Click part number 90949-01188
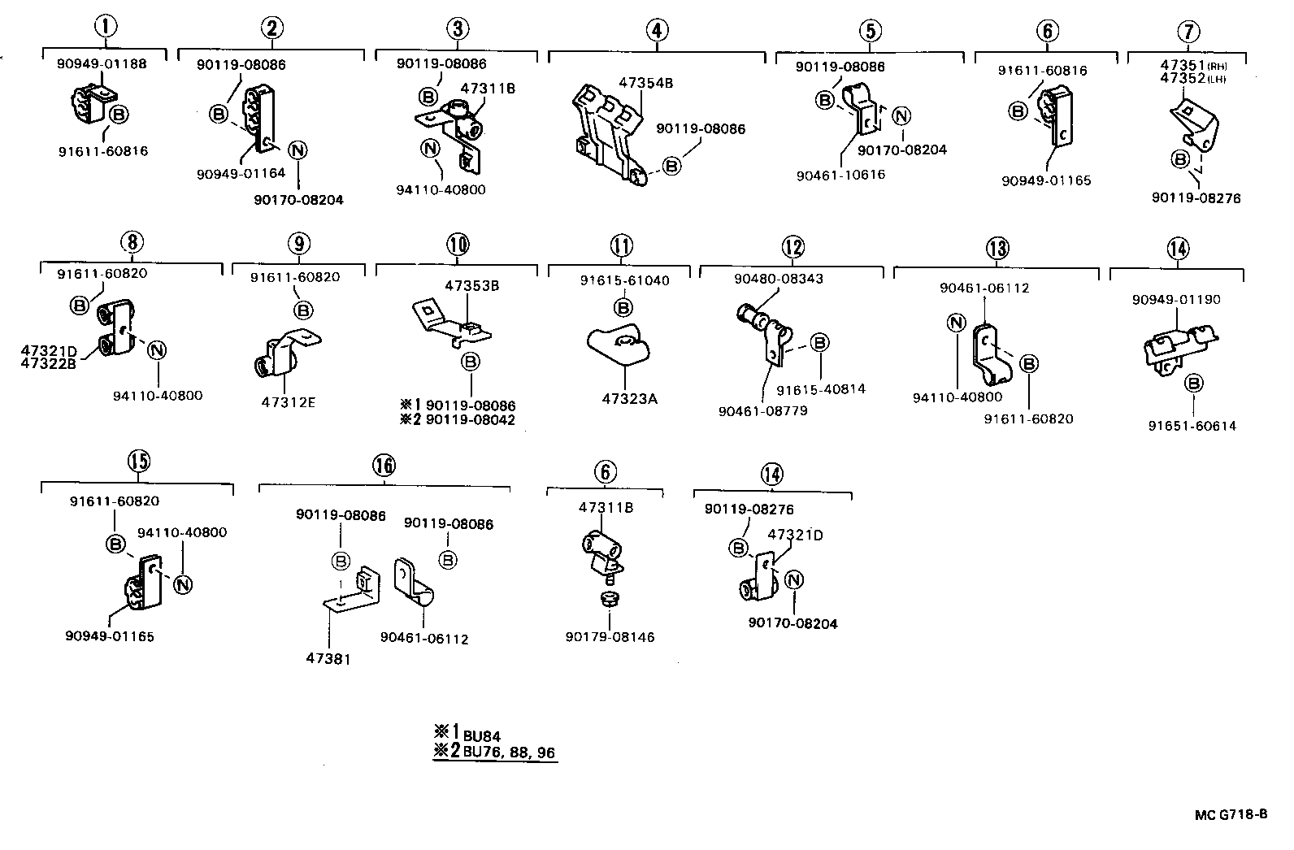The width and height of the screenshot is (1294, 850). [x=102, y=63]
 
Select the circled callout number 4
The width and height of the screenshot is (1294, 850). [x=657, y=30]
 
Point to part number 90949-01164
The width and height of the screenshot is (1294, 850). [x=241, y=173]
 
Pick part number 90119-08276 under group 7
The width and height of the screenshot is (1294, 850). [x=1196, y=197]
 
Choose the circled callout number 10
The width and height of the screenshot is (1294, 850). [x=458, y=244]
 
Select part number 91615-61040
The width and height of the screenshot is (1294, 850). [x=624, y=280]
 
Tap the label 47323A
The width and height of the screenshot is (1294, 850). [x=629, y=399]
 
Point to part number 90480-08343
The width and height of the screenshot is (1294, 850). [x=778, y=279]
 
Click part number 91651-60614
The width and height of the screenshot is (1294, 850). [x=1192, y=425]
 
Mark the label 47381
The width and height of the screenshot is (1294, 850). [x=329, y=658]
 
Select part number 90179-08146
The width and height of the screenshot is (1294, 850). [x=610, y=637]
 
